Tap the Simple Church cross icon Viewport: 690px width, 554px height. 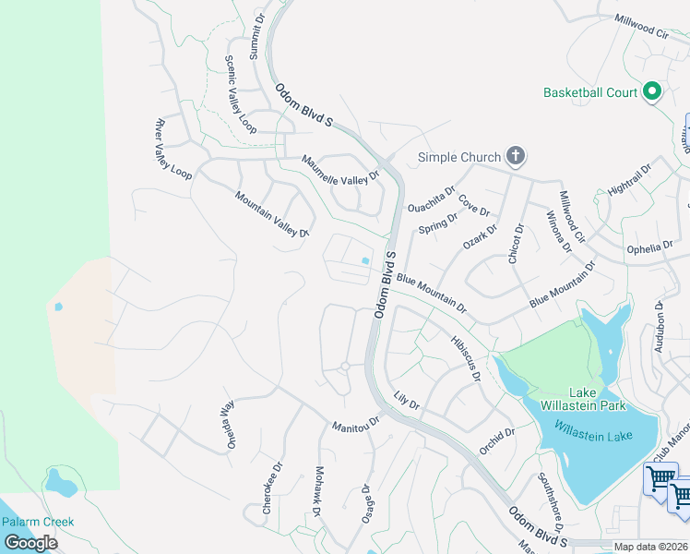[x=516, y=156]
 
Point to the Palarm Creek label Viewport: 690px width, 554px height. [x=37, y=522]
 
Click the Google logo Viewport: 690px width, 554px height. [x=30, y=543]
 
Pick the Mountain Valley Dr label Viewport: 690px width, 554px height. [x=270, y=214]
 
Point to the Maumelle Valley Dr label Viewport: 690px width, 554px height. [x=341, y=168]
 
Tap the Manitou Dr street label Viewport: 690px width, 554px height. [x=356, y=423]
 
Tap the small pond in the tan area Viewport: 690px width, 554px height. [x=59, y=307]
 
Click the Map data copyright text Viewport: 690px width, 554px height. [x=651, y=547]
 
